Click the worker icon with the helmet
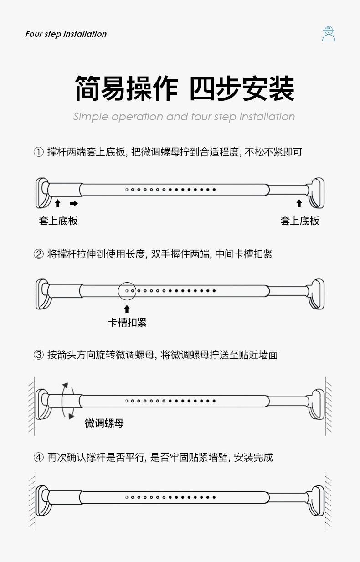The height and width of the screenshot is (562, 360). [328, 34]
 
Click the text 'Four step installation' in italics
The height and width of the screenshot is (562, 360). [66, 34]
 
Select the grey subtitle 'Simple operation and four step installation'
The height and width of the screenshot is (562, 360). [184, 117]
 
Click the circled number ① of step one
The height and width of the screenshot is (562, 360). [39, 152]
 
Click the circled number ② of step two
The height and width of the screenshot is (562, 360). [39, 254]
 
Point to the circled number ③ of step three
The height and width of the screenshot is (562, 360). [39, 355]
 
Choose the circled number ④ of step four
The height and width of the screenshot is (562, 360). [39, 457]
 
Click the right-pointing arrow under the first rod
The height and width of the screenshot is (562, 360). [73, 203]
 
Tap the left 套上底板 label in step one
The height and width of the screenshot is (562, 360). [58, 221]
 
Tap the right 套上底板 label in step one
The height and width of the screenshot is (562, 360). [300, 221]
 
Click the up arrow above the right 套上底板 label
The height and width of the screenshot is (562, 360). [299, 203]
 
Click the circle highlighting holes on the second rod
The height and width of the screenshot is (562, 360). [127, 290]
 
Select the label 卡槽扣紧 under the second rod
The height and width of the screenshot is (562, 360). [127, 323]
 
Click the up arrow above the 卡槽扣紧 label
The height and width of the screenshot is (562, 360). [127, 309]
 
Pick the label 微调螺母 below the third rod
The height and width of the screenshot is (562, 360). [104, 423]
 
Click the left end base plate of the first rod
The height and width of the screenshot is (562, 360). [43, 193]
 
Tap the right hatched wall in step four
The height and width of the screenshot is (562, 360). [328, 500]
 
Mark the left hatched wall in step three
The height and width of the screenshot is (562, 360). [31, 406]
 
